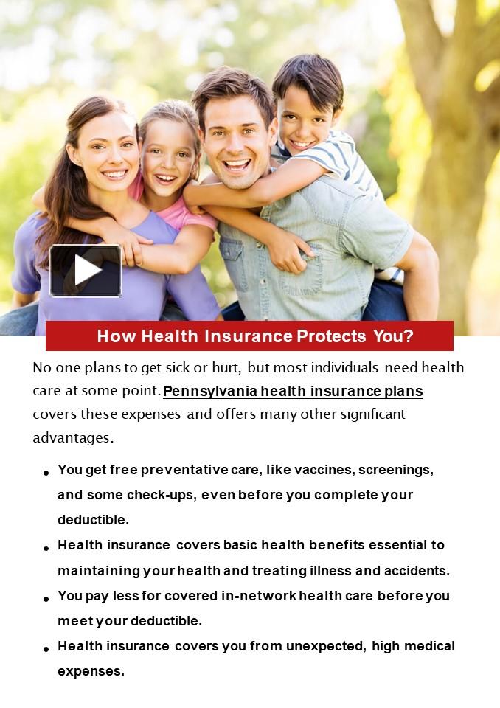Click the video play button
(x=86, y=271)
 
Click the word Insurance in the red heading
(x=248, y=336)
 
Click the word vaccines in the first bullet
(x=322, y=470)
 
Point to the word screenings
(x=395, y=470)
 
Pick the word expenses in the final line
(x=90, y=672)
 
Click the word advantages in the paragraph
(x=72, y=437)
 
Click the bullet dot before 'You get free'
(x=46, y=473)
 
